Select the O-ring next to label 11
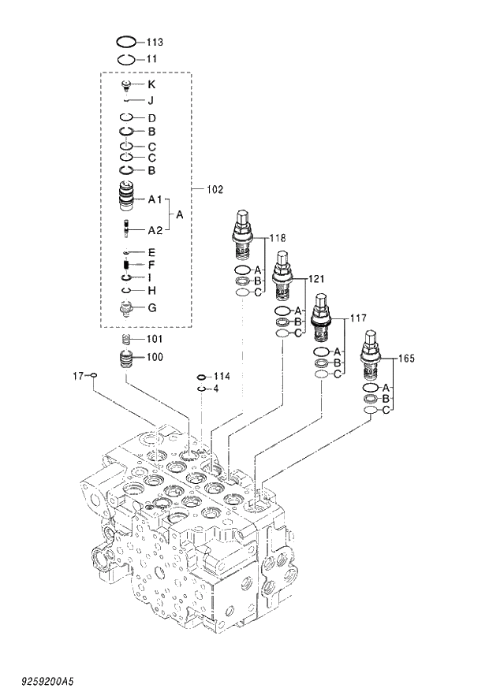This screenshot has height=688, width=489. [x=126, y=59]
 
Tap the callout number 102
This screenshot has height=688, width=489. [x=215, y=189]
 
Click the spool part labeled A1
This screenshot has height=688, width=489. [x=127, y=197]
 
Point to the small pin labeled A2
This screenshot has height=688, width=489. [x=126, y=229]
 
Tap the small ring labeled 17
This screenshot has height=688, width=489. [x=94, y=375]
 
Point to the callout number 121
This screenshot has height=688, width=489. [x=315, y=279]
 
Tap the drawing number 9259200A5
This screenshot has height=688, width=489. [x=43, y=678]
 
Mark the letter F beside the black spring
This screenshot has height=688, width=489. [x=151, y=264]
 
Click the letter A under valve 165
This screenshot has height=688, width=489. [x=386, y=388]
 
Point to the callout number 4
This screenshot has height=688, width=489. [x=216, y=389]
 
